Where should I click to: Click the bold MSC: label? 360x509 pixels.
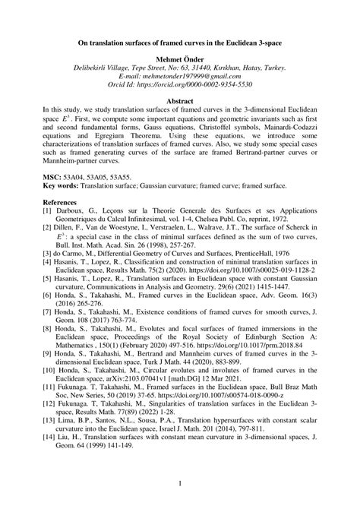coord(54,175)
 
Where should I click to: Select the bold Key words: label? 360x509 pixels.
coord(64,185)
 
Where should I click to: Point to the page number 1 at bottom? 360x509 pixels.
coord(180,482)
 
